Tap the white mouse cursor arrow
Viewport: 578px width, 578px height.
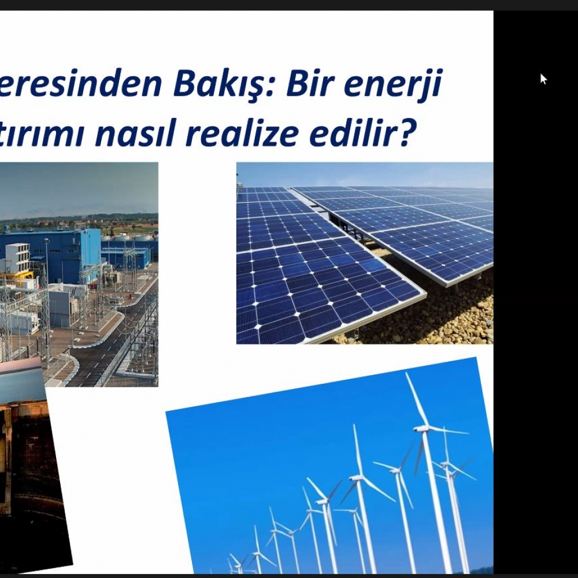point(543,79)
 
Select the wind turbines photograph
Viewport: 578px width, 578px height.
point(329,468)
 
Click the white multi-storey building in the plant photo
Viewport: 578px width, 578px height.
point(17,257)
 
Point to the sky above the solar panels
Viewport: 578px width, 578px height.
point(364,174)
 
